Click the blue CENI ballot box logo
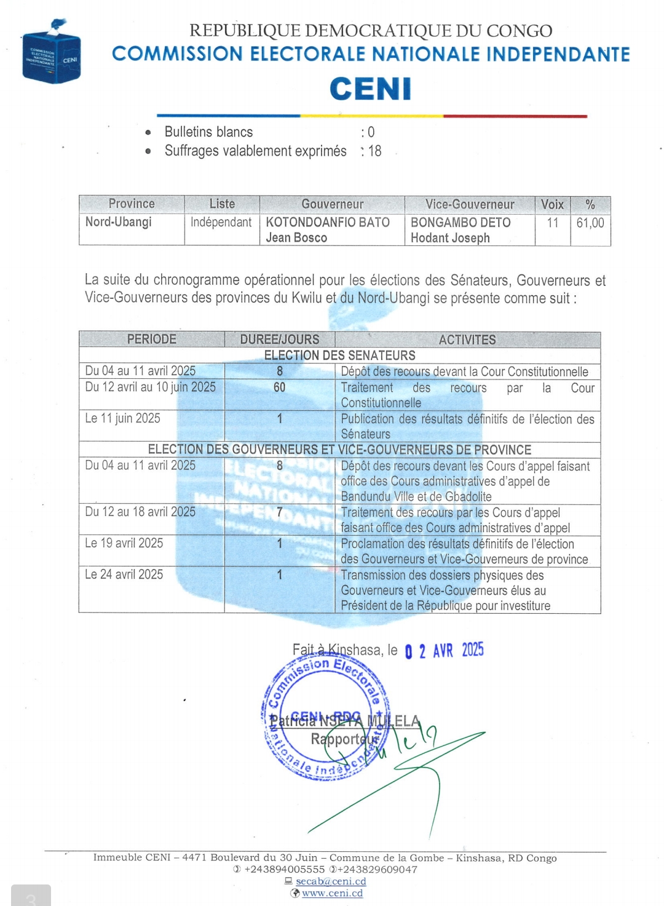click(51, 54)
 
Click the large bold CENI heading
click(370, 89)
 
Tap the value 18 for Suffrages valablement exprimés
click(374, 151)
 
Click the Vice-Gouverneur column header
click(470, 204)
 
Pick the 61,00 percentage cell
click(590, 223)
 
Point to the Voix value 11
click(553, 223)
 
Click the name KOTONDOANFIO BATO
click(328, 222)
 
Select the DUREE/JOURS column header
click(280, 340)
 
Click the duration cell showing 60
click(280, 387)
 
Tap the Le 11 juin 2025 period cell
click(123, 419)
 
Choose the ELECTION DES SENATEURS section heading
click(339, 356)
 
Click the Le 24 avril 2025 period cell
click(124, 574)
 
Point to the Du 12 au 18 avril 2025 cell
click(140, 512)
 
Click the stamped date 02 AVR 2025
click(445, 651)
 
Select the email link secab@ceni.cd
click(331, 881)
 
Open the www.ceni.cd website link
click(332, 893)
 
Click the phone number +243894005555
click(284, 870)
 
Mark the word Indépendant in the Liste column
click(221, 222)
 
